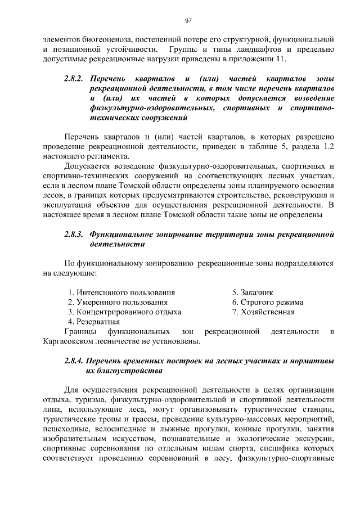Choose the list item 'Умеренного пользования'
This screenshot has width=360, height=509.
(116, 302)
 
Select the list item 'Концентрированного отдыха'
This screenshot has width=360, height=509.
(124, 312)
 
